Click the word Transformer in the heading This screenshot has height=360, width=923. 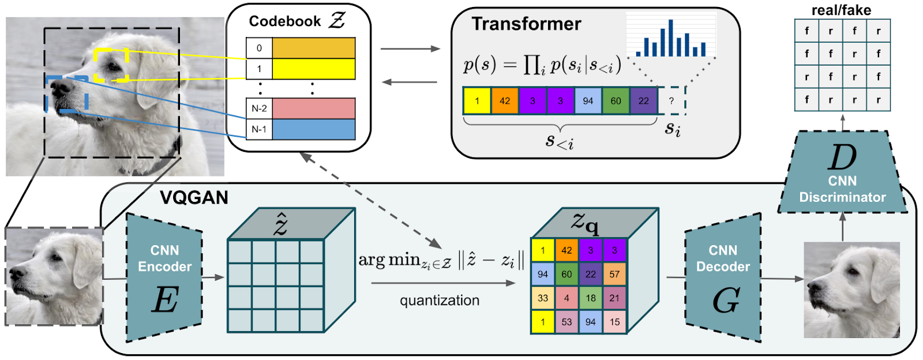(526, 24)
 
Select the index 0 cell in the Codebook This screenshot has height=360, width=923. (259, 48)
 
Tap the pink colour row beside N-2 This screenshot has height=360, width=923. (313, 108)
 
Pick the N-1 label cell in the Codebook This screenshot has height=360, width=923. (259, 129)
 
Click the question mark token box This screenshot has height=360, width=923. (671, 101)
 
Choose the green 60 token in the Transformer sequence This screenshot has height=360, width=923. (616, 101)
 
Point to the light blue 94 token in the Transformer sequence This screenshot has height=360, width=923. (588, 101)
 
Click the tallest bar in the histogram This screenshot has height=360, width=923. (670, 38)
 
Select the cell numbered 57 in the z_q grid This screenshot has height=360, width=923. (614, 274)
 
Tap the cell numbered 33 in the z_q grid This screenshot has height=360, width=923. (543, 298)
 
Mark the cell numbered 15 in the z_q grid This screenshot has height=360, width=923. (614, 322)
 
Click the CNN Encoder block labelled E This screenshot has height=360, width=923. (164, 277)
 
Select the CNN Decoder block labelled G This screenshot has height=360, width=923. (723, 277)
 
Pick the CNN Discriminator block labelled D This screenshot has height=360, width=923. (842, 173)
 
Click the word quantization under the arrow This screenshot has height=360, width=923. (440, 301)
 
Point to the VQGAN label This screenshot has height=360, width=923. (194, 198)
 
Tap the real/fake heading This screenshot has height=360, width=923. (841, 10)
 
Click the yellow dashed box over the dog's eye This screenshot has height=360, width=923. (111, 65)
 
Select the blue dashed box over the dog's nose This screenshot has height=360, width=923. (66, 93)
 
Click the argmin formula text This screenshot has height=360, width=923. (441, 261)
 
